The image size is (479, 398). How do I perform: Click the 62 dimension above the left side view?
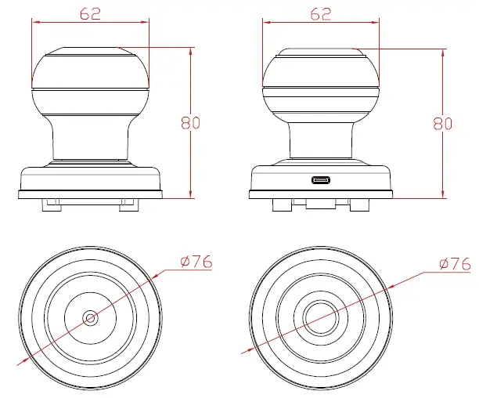click(91, 13)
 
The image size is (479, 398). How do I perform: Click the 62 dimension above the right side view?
click(321, 13)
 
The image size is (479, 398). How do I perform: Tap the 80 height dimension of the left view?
click(190, 122)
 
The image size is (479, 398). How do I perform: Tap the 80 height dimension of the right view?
click(442, 122)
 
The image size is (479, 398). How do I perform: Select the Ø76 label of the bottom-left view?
click(196, 262)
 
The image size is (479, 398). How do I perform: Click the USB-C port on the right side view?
click(321, 180)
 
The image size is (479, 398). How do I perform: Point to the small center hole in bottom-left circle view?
click(90, 318)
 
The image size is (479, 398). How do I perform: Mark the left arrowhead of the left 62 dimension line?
click(34, 22)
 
